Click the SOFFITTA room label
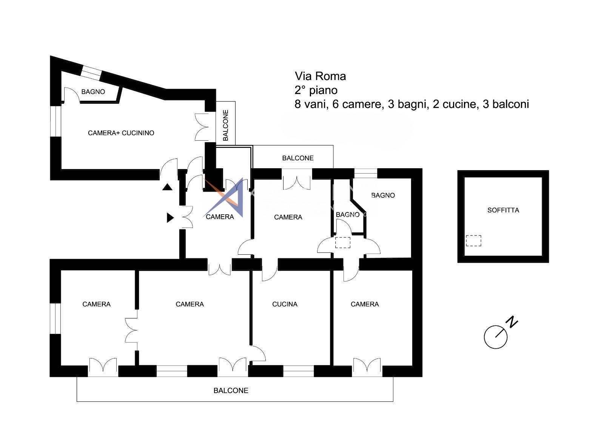click(503, 210)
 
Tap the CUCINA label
click(285, 304)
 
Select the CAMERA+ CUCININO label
click(121, 133)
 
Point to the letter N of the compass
click(513, 322)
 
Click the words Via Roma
click(320, 76)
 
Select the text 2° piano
click(316, 90)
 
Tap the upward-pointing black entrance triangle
click(167, 187)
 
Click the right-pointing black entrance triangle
click(170, 218)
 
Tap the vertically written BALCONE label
click(226, 125)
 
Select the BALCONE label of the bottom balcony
click(231, 391)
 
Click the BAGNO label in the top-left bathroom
click(93, 92)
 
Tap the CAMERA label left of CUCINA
click(190, 304)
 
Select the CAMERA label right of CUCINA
click(365, 304)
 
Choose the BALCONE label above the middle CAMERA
click(298, 158)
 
